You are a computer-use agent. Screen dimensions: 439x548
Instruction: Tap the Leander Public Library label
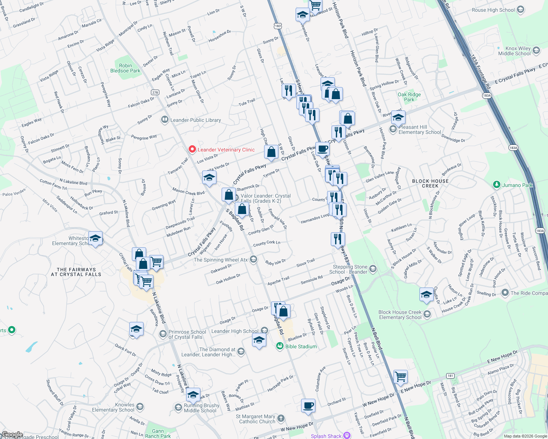tap(196, 120)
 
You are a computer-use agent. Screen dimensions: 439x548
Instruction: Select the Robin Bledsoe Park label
tap(125, 68)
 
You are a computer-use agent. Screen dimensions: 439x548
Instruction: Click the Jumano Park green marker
tap(497, 185)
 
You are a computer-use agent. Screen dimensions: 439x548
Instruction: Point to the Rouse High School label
tap(493, 10)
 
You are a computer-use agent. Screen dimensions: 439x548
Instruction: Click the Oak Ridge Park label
tap(409, 97)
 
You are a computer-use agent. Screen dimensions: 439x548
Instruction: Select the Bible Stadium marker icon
tap(280, 346)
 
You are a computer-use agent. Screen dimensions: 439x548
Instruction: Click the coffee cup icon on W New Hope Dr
tap(308, 406)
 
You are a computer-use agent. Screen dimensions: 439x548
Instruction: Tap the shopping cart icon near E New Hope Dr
tap(400, 376)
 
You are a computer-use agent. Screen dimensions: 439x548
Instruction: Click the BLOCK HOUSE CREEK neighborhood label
tap(430, 183)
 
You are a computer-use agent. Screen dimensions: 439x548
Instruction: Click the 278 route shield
tap(155, 92)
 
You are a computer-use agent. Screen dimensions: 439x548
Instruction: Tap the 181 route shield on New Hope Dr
tap(450, 376)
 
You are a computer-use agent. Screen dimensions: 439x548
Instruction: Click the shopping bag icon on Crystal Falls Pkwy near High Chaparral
tap(271, 152)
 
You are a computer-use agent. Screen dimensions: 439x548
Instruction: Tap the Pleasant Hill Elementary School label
tap(419, 130)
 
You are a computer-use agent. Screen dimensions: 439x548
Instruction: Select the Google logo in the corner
tap(12, 435)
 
